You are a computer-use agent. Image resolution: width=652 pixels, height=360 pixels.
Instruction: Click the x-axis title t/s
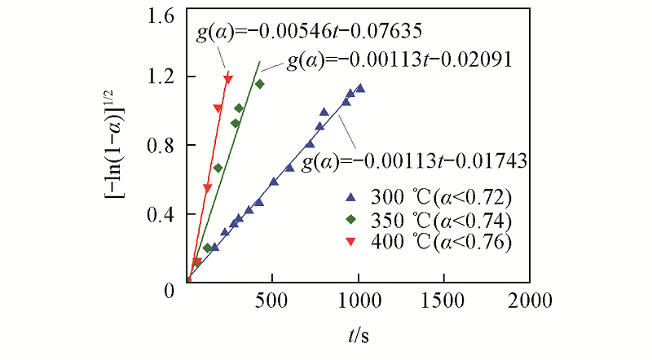(358, 334)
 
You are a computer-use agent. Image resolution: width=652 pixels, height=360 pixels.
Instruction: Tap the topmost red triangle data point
(228, 79)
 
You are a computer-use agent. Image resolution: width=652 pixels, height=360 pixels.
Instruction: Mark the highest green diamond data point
(260, 84)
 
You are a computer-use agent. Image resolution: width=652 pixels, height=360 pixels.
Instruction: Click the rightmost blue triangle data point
(359, 88)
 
